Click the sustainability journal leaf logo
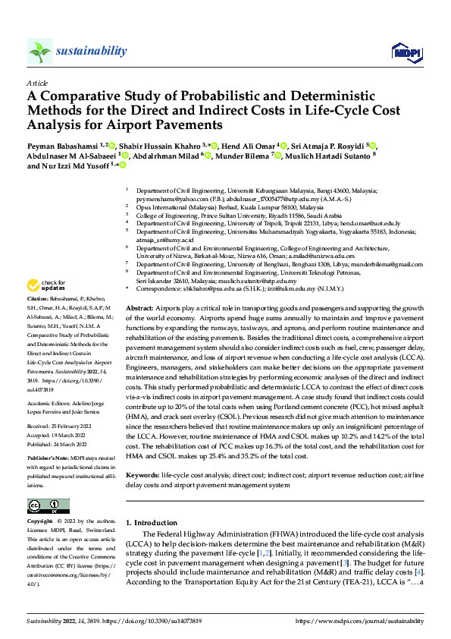pos(39,51)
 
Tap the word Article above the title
pos(36,83)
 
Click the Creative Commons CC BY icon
pos(43,506)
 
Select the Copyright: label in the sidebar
pos(40,522)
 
